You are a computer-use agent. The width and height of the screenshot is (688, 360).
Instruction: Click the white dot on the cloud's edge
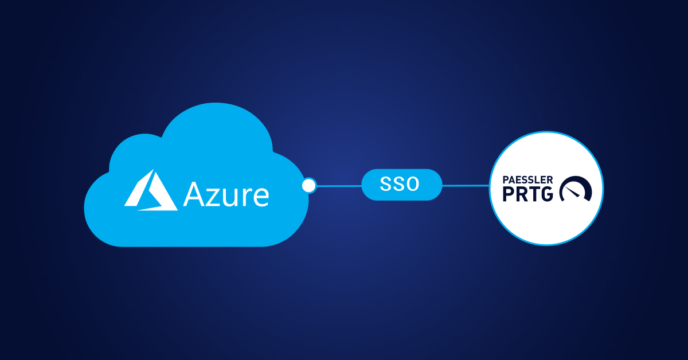coord(309,185)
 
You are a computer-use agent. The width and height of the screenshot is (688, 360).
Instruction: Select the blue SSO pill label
coord(402,185)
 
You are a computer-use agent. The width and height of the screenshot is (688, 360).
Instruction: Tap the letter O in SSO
coord(415,185)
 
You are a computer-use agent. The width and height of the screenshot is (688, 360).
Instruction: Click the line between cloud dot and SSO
coord(338,186)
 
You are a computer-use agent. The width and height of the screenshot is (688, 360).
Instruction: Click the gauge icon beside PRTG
coord(575,190)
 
